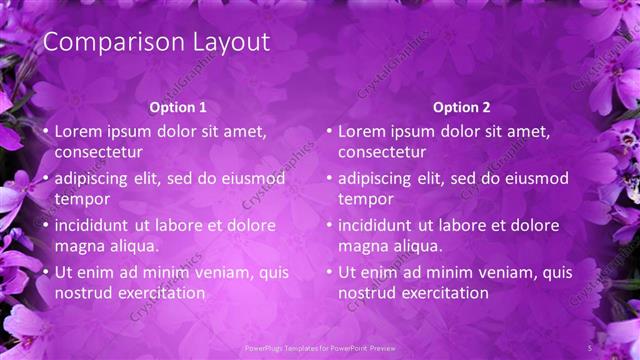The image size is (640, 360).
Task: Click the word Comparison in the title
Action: (104, 43)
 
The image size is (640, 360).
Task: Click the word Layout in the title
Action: (233, 43)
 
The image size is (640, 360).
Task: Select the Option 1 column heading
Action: (178, 107)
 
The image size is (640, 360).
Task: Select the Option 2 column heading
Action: (462, 107)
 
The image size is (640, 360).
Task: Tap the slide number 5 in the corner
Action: (590, 347)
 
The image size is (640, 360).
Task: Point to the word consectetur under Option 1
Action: (98, 152)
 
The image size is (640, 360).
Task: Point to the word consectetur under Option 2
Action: (382, 152)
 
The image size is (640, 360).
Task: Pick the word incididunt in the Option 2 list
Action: (376, 225)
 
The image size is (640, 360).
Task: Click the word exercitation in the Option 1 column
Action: (163, 293)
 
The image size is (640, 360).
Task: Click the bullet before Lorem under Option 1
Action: (45, 131)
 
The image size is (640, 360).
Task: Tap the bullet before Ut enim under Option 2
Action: (329, 272)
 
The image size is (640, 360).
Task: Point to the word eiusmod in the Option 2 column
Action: (540, 179)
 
